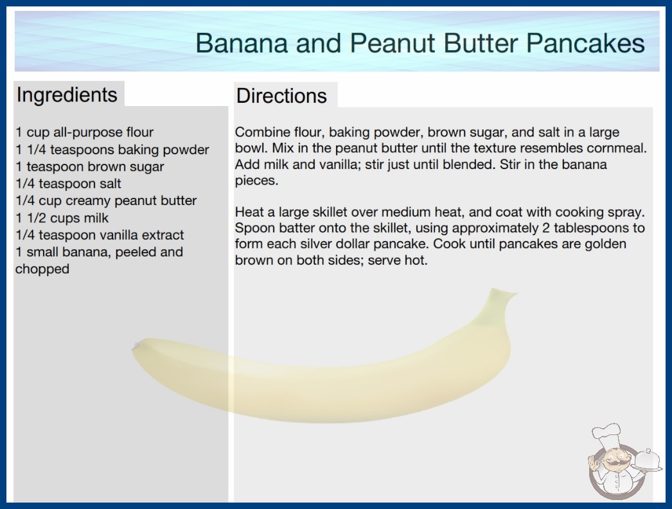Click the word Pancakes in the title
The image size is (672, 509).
coord(585,43)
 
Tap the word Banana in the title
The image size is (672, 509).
coord(242,43)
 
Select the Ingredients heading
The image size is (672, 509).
coord(67,94)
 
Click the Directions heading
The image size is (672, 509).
coord(281,96)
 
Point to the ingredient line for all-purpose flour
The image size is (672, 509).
coord(84,132)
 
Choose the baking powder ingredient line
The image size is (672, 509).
coord(112,150)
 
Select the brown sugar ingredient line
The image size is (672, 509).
coord(89,166)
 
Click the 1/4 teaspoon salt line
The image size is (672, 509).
coord(68,184)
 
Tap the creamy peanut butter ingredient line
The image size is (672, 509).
coord(106,201)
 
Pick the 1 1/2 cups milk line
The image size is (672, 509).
coord(62,218)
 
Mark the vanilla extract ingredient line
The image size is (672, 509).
coord(100,235)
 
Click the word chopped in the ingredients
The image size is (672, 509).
coord(42,269)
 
